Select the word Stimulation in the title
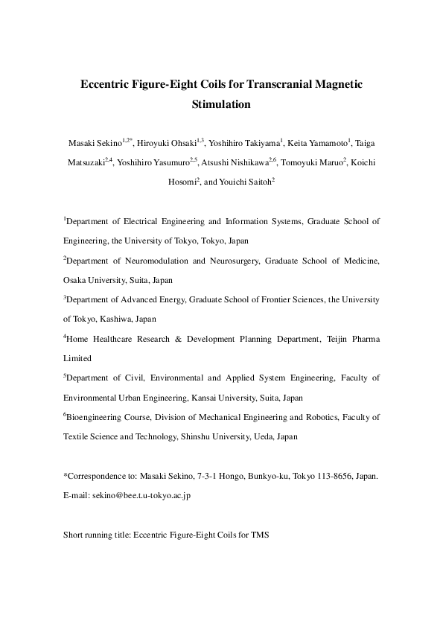[221, 104]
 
